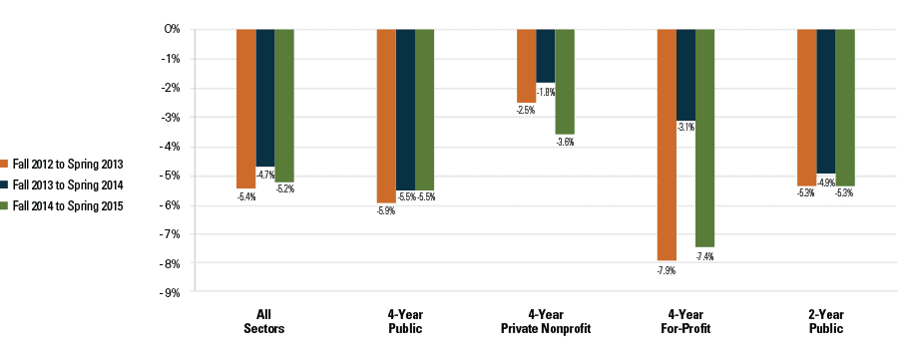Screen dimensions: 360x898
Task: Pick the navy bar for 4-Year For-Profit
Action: tap(685, 75)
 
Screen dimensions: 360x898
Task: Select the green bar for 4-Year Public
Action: tap(424, 110)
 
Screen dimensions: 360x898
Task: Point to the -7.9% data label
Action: tap(667, 269)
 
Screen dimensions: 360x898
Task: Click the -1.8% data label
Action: tap(546, 93)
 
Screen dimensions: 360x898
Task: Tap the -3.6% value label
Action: tap(565, 143)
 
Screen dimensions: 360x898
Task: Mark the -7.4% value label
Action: tap(704, 256)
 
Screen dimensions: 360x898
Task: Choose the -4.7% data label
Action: tap(265, 176)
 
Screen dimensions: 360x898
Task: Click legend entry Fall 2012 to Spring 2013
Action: tap(68, 164)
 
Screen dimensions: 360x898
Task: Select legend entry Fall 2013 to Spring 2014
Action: tap(68, 184)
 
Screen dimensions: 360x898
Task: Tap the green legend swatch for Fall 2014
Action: tap(6, 206)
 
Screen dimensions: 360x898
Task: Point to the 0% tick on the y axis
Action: tap(172, 30)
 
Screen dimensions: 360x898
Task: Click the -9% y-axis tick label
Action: tap(170, 293)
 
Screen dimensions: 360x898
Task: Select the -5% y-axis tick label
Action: tap(170, 177)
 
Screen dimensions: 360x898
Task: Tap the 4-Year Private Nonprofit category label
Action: tap(545, 321)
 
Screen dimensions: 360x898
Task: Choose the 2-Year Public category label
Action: tap(826, 321)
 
